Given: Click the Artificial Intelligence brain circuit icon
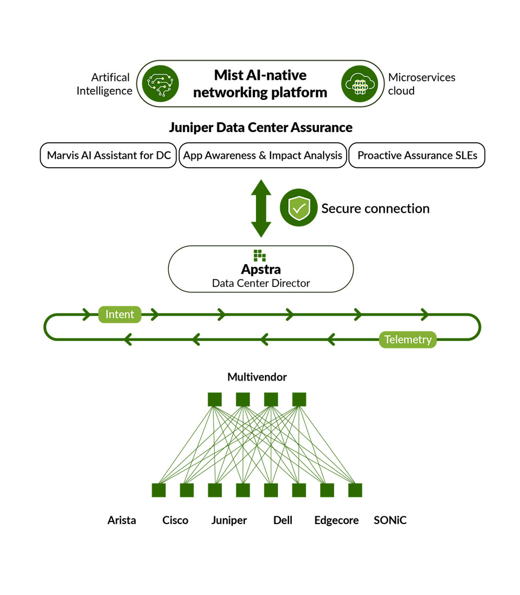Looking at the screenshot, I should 160,84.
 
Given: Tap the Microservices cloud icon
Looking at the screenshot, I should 360,84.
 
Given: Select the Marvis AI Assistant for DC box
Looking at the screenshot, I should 109,155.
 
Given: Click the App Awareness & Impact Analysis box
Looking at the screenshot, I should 263,155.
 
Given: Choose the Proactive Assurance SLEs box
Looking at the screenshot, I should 417,155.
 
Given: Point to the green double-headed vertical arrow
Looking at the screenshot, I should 261,208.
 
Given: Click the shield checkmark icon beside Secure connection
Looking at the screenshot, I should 299,208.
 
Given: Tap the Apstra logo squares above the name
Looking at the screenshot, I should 260,255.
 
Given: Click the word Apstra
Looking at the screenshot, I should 261,269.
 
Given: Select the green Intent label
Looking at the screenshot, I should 119,314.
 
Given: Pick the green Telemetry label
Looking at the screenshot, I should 408,339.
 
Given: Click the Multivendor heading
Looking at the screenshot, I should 257,377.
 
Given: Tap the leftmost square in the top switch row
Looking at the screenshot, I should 215,399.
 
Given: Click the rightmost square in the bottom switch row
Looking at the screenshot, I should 355,490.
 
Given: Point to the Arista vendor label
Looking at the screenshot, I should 122,520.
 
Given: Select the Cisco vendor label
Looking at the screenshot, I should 175,520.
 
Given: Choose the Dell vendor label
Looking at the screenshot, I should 283,520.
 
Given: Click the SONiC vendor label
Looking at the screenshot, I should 390,520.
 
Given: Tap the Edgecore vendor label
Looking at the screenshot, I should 336,520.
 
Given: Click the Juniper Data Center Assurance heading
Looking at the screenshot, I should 261,127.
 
